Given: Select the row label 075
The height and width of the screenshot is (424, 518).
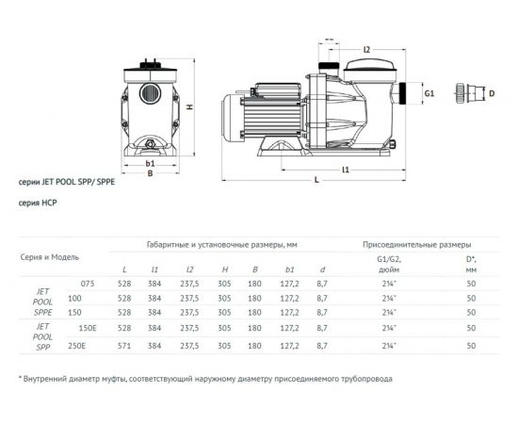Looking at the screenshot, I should tap(89, 282).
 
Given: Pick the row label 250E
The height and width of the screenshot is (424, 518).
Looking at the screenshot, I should tap(89, 346).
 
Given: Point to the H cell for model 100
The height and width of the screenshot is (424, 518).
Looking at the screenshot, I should tap(224, 298).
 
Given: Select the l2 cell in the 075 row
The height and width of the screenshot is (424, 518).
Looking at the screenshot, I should tap(190, 282).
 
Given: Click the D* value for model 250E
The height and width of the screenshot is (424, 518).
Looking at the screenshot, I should tap(471, 346).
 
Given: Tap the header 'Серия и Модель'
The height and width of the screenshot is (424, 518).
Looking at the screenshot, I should tap(50, 256).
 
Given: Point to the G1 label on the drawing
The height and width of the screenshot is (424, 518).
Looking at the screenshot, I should tap(429, 94).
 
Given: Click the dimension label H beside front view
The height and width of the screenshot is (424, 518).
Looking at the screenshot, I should tap(189, 106).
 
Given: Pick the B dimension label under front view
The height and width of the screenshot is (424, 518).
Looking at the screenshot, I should tap(150, 173).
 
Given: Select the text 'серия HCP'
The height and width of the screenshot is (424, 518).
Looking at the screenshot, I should tap(39, 203).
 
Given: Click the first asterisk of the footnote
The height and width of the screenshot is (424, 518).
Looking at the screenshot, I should tap(22, 378).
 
